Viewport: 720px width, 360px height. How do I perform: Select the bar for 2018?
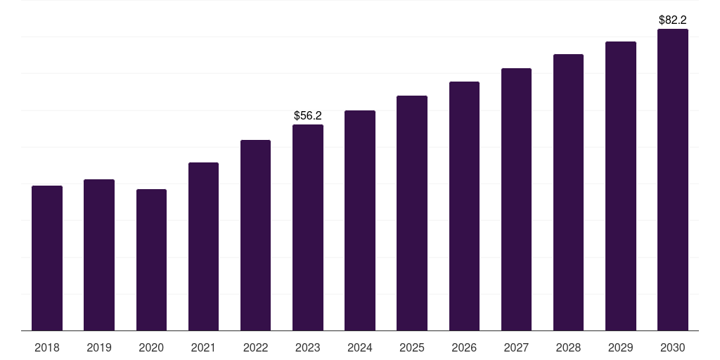tap(47, 258)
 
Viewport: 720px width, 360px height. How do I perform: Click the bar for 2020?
tap(151, 260)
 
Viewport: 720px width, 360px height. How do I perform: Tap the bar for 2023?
tap(308, 227)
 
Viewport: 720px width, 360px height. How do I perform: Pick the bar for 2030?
tap(673, 179)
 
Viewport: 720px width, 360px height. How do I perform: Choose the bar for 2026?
tap(464, 206)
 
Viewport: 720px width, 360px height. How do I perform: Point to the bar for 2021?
tap(203, 247)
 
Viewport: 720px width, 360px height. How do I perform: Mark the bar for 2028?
tap(568, 193)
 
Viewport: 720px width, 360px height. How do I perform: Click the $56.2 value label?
tap(308, 116)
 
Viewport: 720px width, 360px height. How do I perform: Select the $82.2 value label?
tap(673, 20)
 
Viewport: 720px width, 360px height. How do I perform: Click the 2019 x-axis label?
tap(99, 348)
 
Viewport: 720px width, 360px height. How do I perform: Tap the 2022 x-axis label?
tap(255, 348)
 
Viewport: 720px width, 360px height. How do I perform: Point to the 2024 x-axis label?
tap(360, 348)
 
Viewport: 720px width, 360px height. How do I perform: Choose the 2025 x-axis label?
tap(412, 348)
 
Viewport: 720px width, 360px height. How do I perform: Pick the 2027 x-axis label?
tap(516, 348)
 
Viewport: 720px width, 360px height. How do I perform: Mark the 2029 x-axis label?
tap(620, 348)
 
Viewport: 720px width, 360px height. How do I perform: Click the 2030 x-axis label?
tap(673, 348)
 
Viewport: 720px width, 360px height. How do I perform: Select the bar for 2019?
tap(99, 255)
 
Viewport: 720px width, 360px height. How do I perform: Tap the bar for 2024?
tap(360, 220)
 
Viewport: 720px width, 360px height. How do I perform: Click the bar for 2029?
tap(621, 186)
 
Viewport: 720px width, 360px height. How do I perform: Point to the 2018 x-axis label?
tap(47, 348)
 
